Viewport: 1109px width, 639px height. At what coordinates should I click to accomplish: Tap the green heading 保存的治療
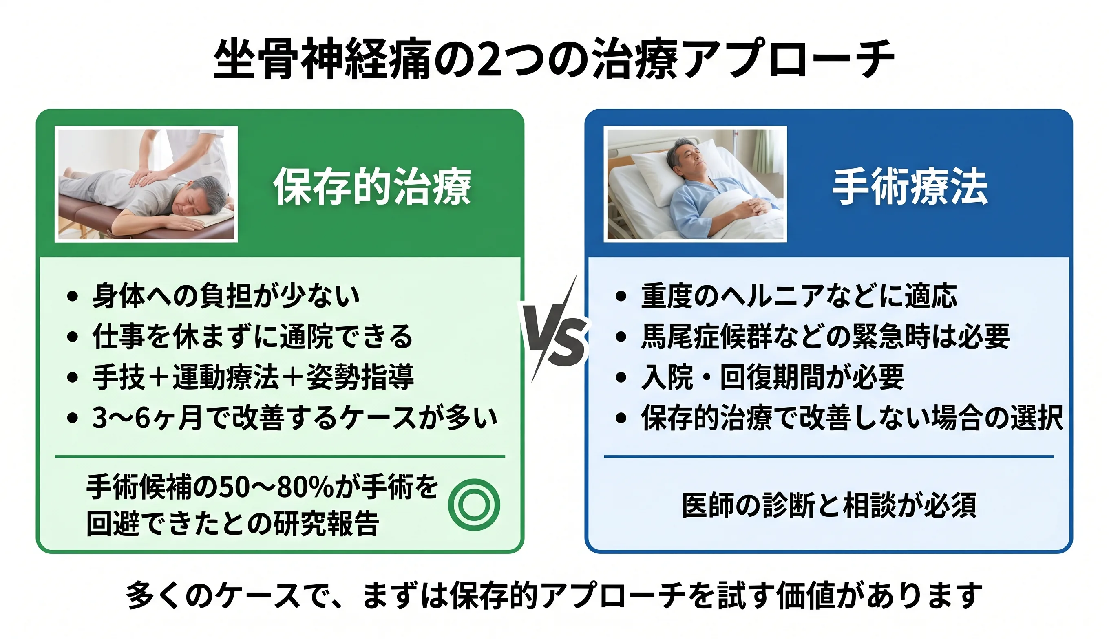372,187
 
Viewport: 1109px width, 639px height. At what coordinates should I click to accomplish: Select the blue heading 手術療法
910,187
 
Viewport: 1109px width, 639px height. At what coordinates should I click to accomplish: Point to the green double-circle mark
474,505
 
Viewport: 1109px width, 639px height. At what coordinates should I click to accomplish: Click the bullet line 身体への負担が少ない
226,295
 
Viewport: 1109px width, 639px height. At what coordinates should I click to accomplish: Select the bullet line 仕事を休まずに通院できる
252,336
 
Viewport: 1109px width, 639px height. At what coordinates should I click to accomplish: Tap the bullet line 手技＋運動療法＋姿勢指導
253,377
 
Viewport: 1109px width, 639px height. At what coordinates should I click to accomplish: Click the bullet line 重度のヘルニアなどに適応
799,295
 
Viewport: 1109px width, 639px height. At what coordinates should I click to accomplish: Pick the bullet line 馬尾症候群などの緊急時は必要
825,336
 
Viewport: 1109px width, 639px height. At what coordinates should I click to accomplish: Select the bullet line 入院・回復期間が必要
773,377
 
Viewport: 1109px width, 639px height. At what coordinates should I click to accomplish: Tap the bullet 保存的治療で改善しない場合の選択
852,417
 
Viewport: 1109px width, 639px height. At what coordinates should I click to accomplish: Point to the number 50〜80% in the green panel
276,487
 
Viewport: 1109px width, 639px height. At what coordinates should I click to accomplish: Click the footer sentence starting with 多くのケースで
554,595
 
